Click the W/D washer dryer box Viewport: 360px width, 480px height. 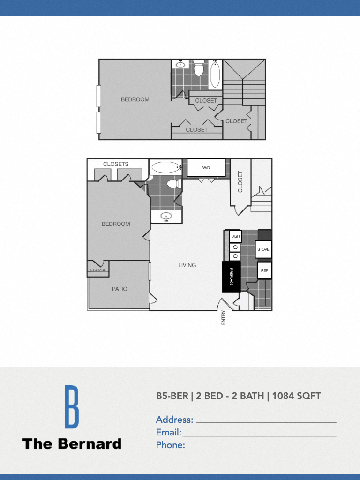(x=206, y=167)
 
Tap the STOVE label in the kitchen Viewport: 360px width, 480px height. (x=263, y=249)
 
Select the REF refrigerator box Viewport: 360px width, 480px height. (x=264, y=270)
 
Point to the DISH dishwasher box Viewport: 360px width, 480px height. (x=235, y=236)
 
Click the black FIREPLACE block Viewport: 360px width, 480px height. (x=231, y=277)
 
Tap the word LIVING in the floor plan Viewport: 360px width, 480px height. (x=187, y=265)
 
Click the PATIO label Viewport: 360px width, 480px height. (x=120, y=289)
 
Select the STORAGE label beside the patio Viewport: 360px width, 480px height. (x=98, y=270)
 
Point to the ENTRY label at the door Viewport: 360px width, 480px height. (x=223, y=317)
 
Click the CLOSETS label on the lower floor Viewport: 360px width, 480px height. (x=116, y=164)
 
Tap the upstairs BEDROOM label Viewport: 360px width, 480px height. (x=135, y=99)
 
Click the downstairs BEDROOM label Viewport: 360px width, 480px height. (x=116, y=224)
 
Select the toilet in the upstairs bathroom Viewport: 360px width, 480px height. (x=199, y=69)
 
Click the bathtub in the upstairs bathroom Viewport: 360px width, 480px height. (x=215, y=75)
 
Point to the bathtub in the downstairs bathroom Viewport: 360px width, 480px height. (x=165, y=167)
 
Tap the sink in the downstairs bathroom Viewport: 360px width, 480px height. (x=165, y=216)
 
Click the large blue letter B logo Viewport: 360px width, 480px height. (x=71, y=406)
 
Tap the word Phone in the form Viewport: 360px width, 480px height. (x=170, y=445)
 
